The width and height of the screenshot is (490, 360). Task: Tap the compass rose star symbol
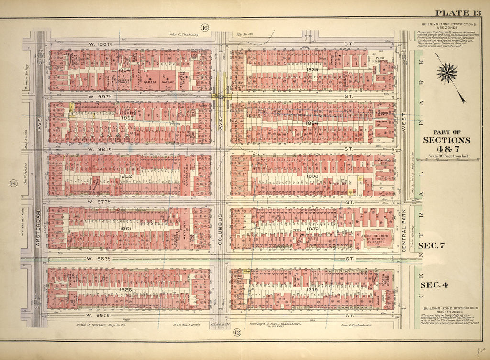pos(447,73)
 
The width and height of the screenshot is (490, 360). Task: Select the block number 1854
pos(124,70)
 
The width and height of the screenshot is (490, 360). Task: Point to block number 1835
pos(312,70)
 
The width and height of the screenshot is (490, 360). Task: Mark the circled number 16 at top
pos(205,27)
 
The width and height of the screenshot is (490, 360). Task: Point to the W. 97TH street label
pos(100,203)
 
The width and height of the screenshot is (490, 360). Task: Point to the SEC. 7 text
pos(439,246)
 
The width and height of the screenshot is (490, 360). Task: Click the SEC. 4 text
pos(439,285)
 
